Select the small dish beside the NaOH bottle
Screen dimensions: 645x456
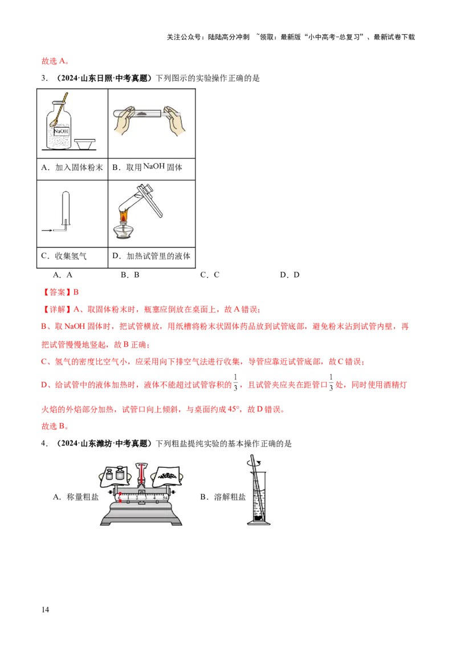[x=86, y=142]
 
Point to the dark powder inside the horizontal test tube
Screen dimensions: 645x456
[x=140, y=115]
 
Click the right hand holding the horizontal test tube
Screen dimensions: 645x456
[x=173, y=121]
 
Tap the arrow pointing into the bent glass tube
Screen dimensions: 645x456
[x=46, y=230]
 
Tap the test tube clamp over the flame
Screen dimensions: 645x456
[x=150, y=197]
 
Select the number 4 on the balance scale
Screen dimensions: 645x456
[x=154, y=497]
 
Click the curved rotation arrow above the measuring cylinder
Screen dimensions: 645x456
[x=255, y=463]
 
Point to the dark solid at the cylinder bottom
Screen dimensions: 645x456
[x=258, y=517]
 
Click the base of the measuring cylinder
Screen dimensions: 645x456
[x=258, y=524]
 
